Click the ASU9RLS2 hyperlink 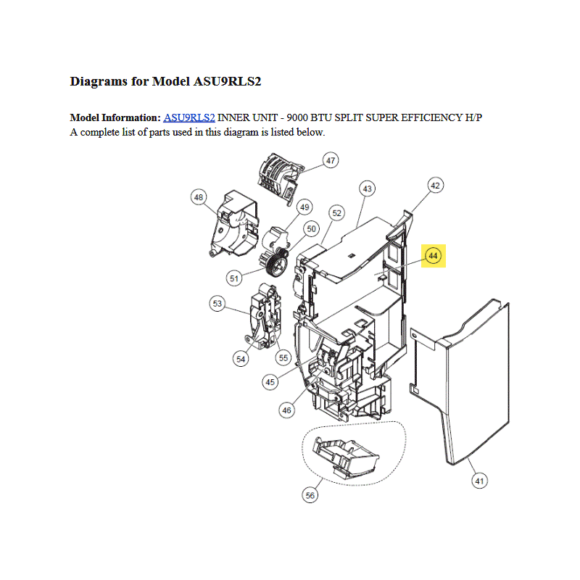click(x=189, y=117)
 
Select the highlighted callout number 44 click(x=433, y=256)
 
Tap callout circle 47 click(x=331, y=160)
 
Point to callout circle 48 click(x=199, y=197)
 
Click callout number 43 click(x=368, y=188)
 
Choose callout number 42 click(x=436, y=186)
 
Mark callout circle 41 click(x=480, y=481)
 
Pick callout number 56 click(x=310, y=495)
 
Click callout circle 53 click(x=217, y=304)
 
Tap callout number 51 click(x=234, y=278)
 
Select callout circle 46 click(x=286, y=410)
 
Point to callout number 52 click(x=336, y=213)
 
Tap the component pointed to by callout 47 click(x=280, y=177)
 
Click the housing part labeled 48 click(x=233, y=223)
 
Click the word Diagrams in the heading click(x=99, y=81)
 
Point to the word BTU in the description click(x=321, y=117)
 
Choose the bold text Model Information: click(x=115, y=117)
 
